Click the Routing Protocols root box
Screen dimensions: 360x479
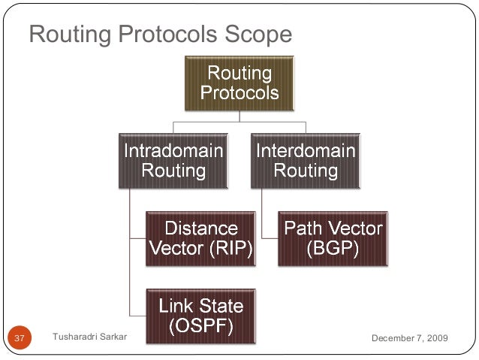click(x=239, y=83)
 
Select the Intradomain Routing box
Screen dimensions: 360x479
click(x=173, y=160)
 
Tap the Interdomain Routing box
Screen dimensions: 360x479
click(x=306, y=160)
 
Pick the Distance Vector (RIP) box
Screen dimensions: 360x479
click(x=200, y=238)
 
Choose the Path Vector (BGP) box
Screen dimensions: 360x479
click(x=333, y=238)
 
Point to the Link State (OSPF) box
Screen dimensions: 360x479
click(x=200, y=316)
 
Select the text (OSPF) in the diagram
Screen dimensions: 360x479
click(x=200, y=327)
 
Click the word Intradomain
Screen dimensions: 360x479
click(x=173, y=150)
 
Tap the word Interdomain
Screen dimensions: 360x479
click(x=306, y=150)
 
